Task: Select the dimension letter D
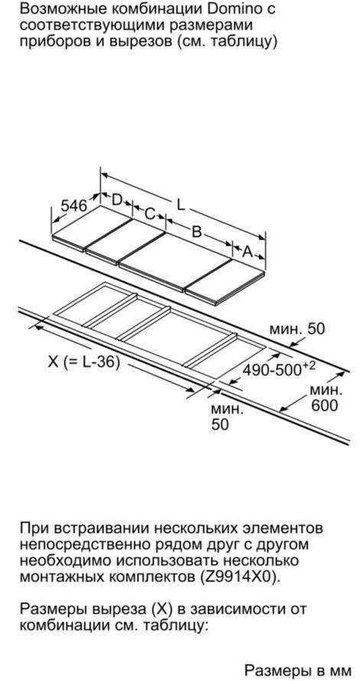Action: tap(116, 199)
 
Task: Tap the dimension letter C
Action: tap(149, 213)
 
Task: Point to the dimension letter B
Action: tap(196, 232)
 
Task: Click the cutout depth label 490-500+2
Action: tap(279, 368)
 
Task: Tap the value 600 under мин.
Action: tap(324, 406)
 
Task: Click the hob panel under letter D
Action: tap(91, 228)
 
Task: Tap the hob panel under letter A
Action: tap(225, 283)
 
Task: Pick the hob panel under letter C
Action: tap(125, 241)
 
